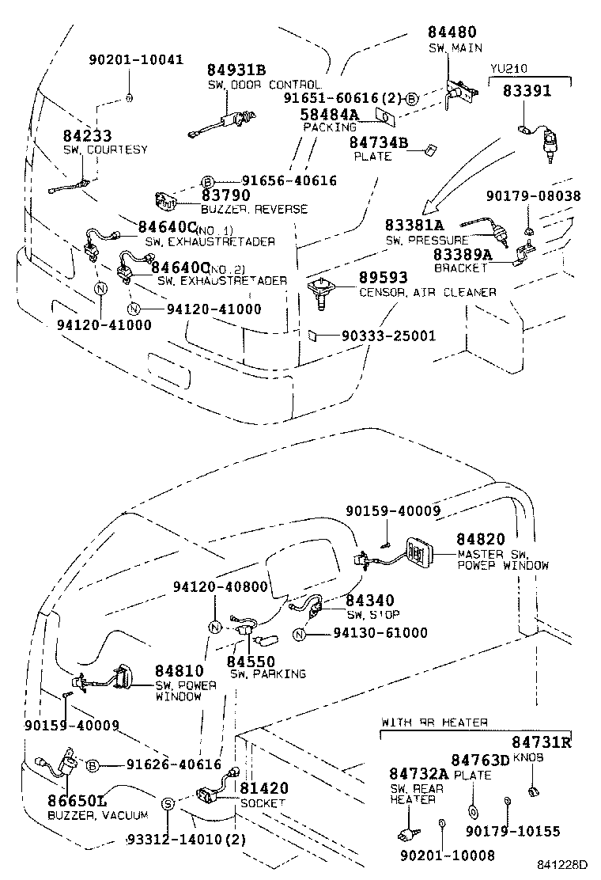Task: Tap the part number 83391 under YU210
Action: [x=527, y=91]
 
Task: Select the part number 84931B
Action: [x=236, y=70]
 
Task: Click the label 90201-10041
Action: [x=135, y=59]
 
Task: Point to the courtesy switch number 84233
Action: [x=87, y=136]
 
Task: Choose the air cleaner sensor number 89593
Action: [x=384, y=278]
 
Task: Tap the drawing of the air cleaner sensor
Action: [x=320, y=291]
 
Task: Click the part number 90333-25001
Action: [x=388, y=336]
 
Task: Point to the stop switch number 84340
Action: [x=369, y=601]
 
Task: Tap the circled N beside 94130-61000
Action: [x=300, y=633]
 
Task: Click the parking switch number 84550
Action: [x=251, y=661]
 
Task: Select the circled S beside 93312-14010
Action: [x=168, y=804]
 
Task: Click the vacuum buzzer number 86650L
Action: [x=78, y=802]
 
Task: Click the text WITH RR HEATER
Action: [x=434, y=723]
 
